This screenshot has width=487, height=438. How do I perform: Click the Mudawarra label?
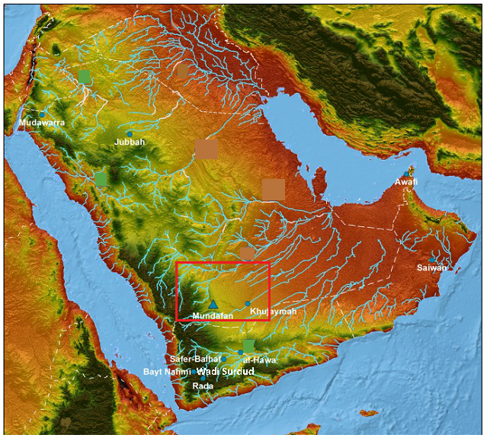tap(42, 122)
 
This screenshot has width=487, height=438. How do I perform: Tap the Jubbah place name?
tap(129, 142)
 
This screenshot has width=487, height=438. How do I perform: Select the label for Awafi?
tap(406, 182)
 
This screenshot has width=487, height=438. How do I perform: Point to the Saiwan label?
tap(431, 268)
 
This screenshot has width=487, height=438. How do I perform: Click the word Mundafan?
tap(213, 315)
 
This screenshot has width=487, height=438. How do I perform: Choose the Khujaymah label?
tap(273, 312)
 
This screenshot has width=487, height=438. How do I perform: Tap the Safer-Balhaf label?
tap(195, 359)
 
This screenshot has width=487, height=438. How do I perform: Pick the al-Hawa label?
tap(258, 360)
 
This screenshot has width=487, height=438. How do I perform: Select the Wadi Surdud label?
tap(225, 372)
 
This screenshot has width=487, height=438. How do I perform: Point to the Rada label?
tap(203, 385)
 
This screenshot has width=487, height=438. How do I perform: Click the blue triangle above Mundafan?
tap(213, 305)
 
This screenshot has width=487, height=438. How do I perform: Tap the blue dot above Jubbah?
tap(130, 134)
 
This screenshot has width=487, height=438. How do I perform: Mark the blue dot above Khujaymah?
tap(248, 304)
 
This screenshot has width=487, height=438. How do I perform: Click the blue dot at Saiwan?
tap(431, 260)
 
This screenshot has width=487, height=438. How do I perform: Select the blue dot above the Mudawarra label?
tap(43, 113)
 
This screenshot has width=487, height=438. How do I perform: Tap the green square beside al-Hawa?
tap(248, 347)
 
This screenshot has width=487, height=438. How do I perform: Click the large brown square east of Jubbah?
tap(206, 149)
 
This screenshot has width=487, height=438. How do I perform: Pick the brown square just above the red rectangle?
tap(247, 253)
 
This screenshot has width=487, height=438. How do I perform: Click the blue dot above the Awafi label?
tap(409, 172)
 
